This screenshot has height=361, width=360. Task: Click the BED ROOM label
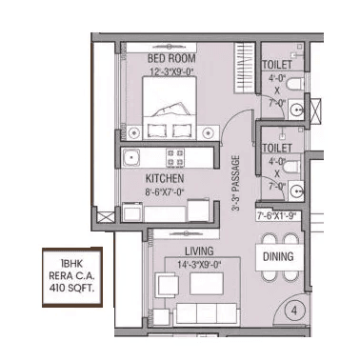171,58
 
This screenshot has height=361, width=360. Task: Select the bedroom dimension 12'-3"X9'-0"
171,70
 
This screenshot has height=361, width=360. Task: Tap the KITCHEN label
164,179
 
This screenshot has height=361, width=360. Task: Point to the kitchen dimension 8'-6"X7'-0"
164,191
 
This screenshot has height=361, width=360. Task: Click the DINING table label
278,257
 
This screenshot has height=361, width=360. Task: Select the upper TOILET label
278,64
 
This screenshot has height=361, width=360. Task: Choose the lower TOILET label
278,149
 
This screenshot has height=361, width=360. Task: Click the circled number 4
295,310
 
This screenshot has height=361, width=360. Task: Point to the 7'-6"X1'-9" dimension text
278,217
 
